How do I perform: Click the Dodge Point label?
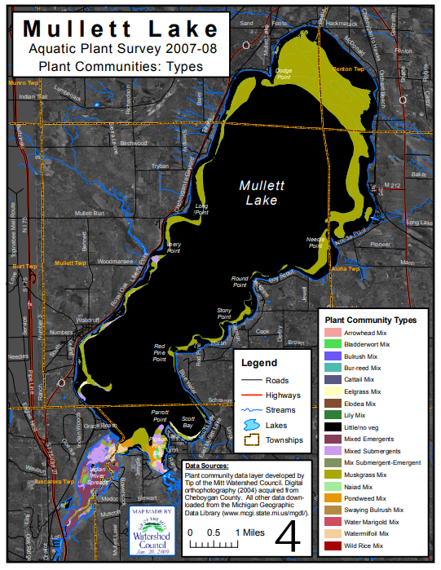click(283, 73)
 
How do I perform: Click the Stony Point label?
click(224, 313)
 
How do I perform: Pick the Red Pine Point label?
click(160, 352)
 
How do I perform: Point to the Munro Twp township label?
click(24, 83)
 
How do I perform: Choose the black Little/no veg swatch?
click(333, 426)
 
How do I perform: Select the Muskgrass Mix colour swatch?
click(333, 474)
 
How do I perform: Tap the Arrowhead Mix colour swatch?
click(333, 333)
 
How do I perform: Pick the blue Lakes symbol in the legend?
click(253, 425)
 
